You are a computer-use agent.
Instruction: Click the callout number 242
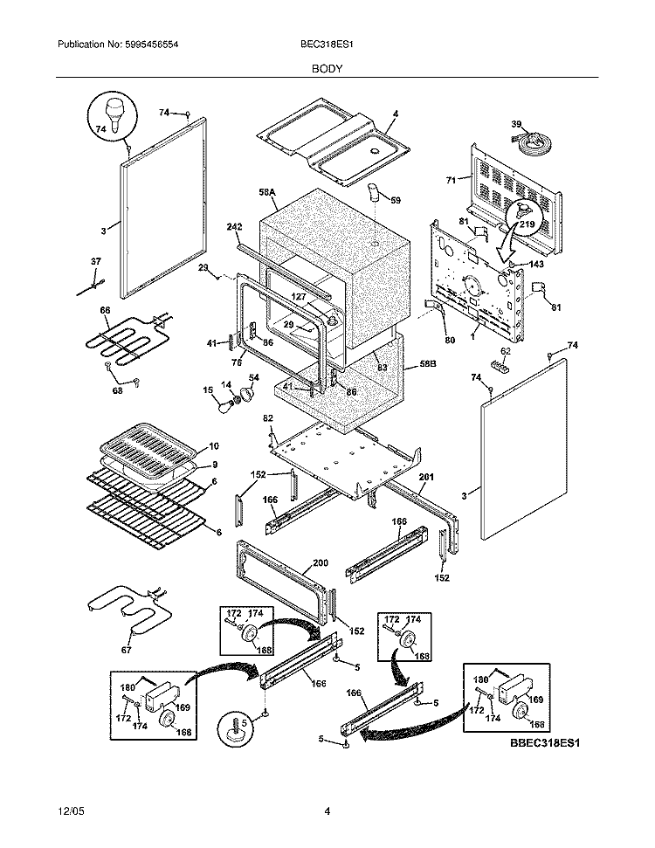(235, 226)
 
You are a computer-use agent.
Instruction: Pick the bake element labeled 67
(127, 610)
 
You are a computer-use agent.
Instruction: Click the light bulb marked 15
(226, 405)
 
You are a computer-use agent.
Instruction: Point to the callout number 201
(425, 476)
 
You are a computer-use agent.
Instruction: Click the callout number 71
(452, 180)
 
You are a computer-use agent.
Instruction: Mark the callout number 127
(298, 296)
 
